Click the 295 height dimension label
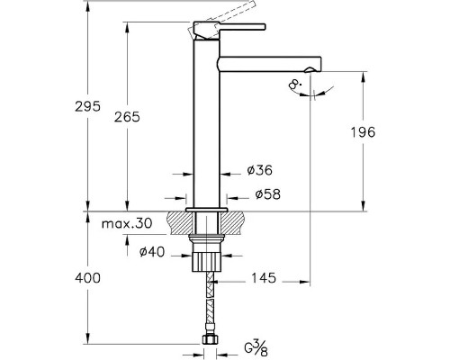[x=87, y=106]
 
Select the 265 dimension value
[x=127, y=117]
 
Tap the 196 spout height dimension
[x=363, y=132]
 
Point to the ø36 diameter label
[x=260, y=170]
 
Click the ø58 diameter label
[x=268, y=194]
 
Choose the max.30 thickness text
[x=127, y=223]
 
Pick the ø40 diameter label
[x=152, y=252]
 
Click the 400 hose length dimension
[x=87, y=278]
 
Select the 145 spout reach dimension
[x=264, y=278]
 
